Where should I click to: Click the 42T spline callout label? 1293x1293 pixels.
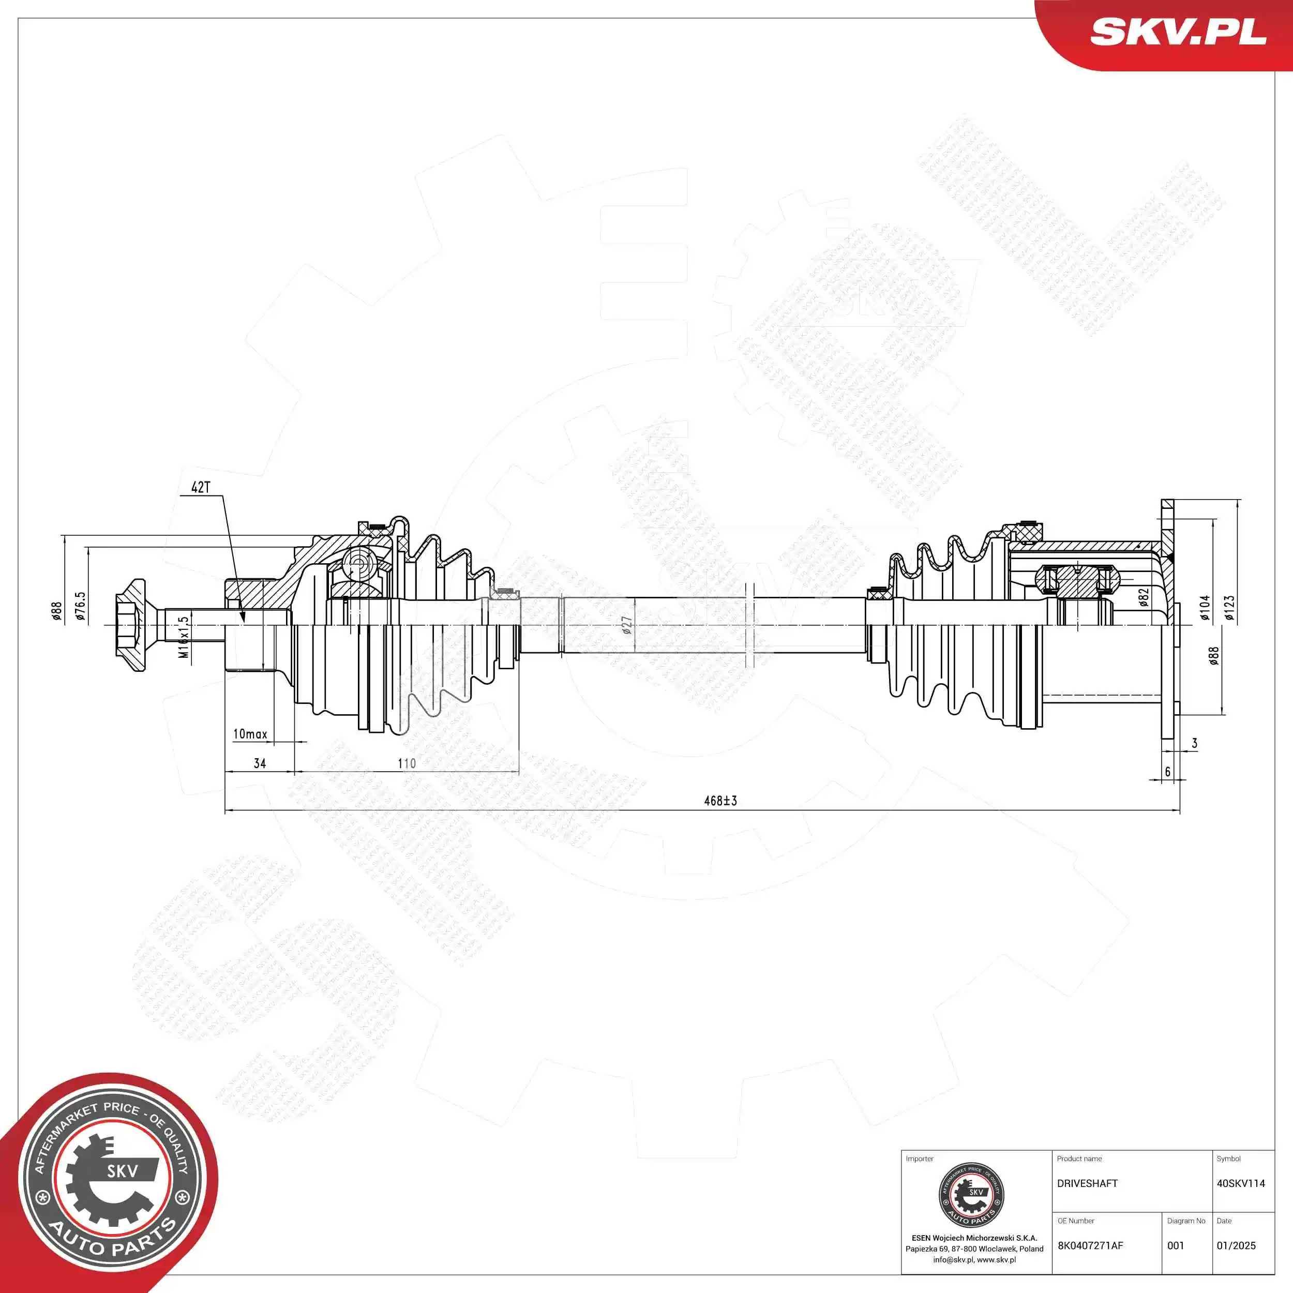pyautogui.click(x=200, y=487)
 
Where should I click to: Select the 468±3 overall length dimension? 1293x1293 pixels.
pyautogui.click(x=720, y=801)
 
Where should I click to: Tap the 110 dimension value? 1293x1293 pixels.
pyautogui.click(x=406, y=763)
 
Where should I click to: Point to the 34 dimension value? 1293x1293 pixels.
pyautogui.click(x=260, y=763)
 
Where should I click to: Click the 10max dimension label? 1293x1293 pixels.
pyautogui.click(x=250, y=734)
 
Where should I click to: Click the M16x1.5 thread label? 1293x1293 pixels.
pyautogui.click(x=184, y=637)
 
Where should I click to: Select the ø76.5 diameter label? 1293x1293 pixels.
pyautogui.click(x=80, y=606)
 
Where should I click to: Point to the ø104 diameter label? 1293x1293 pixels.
pyautogui.click(x=1205, y=608)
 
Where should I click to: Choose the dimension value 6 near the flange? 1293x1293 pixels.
pyautogui.click(x=1168, y=772)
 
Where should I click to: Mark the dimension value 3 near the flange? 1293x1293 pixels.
pyautogui.click(x=1195, y=743)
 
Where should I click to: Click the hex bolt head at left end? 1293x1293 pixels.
pyautogui.click(x=129, y=625)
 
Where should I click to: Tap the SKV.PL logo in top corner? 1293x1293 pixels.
pyautogui.click(x=1178, y=32)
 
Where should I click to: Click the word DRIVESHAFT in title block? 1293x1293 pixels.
pyautogui.click(x=1087, y=1183)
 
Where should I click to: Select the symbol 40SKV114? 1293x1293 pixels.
pyautogui.click(x=1240, y=1183)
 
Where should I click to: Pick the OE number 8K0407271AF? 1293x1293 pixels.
pyautogui.click(x=1090, y=1245)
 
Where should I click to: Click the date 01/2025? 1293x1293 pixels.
pyautogui.click(x=1236, y=1245)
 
